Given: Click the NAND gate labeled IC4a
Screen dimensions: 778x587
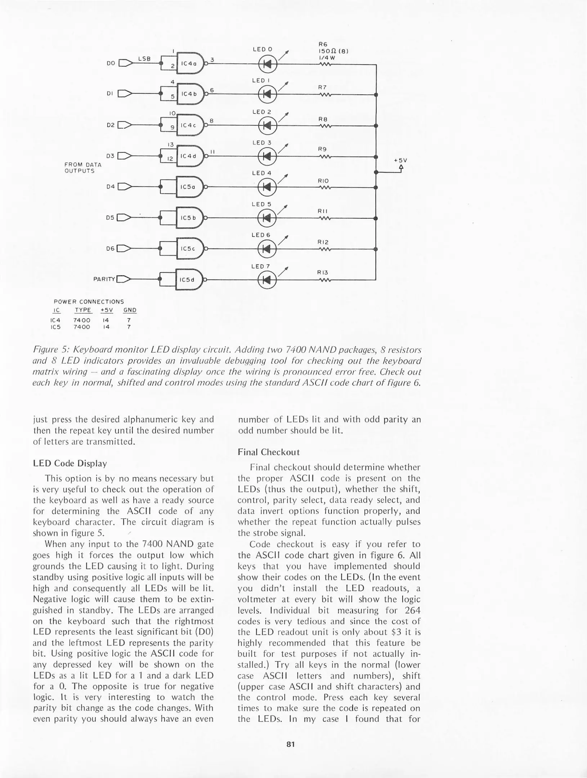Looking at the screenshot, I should point(189,63).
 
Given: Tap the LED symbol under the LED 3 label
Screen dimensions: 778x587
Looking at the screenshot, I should point(267,156).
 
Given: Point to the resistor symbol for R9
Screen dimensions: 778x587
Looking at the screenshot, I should point(325,157).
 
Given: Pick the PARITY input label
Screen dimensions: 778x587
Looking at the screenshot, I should point(104,279).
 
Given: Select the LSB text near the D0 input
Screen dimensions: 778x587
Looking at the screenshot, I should point(144,58).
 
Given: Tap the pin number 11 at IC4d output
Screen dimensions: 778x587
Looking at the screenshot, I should point(212,152).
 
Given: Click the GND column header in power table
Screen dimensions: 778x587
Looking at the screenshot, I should point(130,310).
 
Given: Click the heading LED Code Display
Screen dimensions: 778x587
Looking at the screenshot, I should point(70,463).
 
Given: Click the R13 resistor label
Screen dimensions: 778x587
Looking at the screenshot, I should point(323,273).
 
